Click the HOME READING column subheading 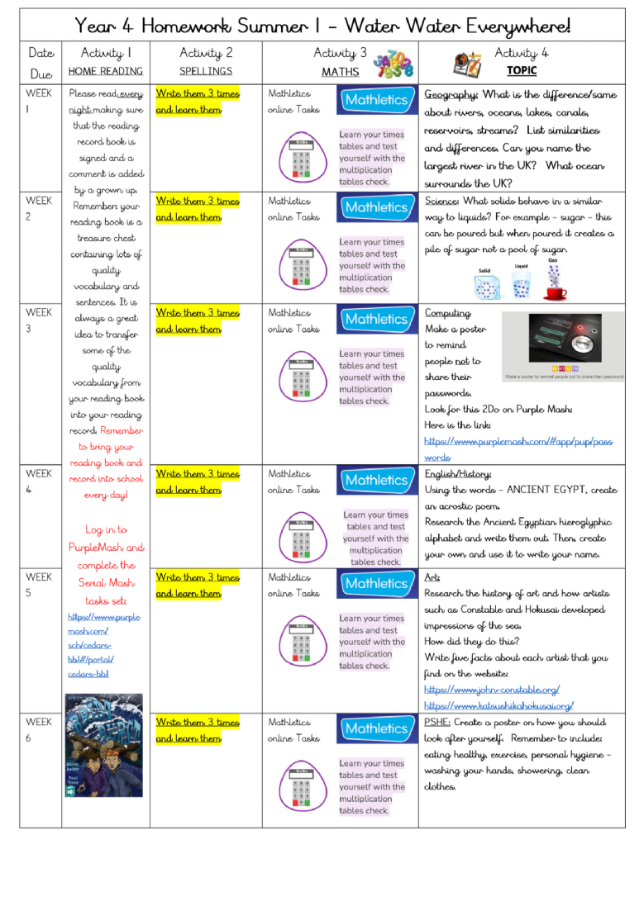(105, 72)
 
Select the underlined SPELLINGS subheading (206, 72)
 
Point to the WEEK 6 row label (39, 730)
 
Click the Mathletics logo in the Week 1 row (376, 101)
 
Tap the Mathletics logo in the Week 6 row (376, 728)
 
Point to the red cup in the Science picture (555, 292)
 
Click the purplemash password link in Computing (519, 449)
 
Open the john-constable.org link (492, 690)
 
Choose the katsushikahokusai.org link (499, 706)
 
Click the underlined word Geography (451, 95)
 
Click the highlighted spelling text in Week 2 (198, 209)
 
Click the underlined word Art (432, 578)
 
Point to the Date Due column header (41, 63)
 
